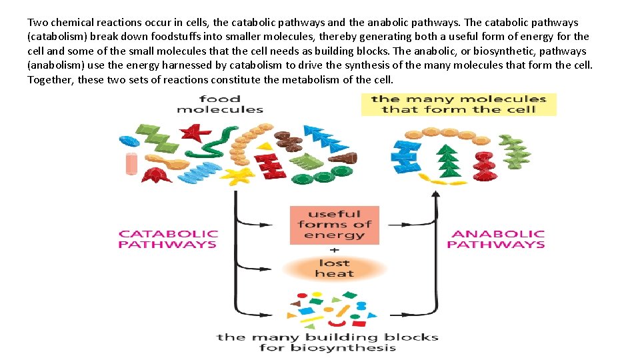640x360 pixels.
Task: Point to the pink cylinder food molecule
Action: [132, 163]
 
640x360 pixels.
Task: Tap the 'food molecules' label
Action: [220, 104]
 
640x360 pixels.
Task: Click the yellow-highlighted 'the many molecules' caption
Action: [459, 104]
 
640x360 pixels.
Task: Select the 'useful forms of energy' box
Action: [334, 225]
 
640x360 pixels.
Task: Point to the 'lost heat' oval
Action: [334, 268]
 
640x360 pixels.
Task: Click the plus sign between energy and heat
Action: [334, 249]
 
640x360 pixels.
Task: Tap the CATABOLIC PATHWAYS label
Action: [168, 239]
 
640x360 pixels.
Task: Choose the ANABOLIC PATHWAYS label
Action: [495, 239]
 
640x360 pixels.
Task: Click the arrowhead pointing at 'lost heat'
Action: [276, 268]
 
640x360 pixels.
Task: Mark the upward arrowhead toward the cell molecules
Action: [435, 194]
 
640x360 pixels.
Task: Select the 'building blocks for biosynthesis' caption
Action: [327, 342]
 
